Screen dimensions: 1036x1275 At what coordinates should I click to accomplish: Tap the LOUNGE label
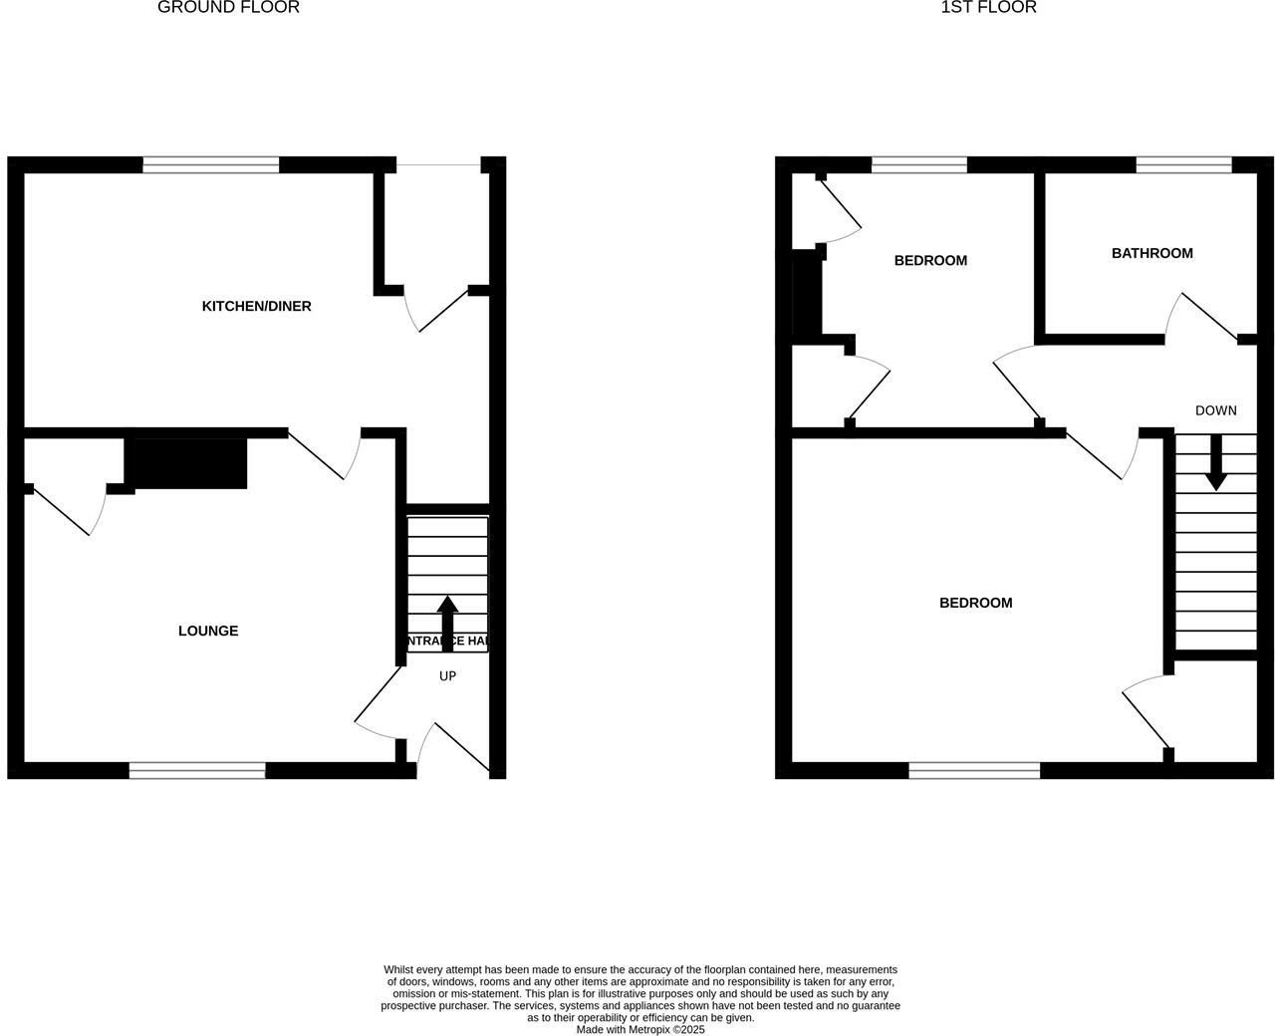(x=208, y=631)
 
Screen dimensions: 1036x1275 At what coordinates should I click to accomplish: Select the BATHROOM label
(x=1151, y=253)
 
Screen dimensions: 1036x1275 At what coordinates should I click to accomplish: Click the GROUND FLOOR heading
(x=228, y=8)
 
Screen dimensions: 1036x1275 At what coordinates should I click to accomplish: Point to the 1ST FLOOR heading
(x=988, y=8)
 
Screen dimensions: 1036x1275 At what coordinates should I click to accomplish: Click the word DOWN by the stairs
(x=1215, y=410)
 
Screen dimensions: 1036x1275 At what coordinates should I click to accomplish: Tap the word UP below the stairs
(x=447, y=676)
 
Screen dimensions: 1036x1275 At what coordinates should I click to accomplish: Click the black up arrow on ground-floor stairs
(x=447, y=623)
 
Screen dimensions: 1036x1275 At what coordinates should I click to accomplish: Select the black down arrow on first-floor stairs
(x=1215, y=463)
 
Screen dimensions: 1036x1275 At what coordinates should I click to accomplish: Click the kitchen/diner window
(x=210, y=165)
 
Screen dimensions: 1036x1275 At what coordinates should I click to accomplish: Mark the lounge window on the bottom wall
(x=197, y=770)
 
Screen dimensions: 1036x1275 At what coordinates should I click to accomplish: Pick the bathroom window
(x=1183, y=165)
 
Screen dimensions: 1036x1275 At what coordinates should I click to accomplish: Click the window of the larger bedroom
(x=974, y=770)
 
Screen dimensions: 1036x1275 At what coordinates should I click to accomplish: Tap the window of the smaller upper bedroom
(x=918, y=165)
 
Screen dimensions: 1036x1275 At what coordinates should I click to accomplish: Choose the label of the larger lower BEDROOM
(x=975, y=603)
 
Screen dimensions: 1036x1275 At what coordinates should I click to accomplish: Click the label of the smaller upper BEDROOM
(x=930, y=261)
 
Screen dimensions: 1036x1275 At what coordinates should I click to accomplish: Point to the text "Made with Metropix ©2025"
(x=639, y=1030)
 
